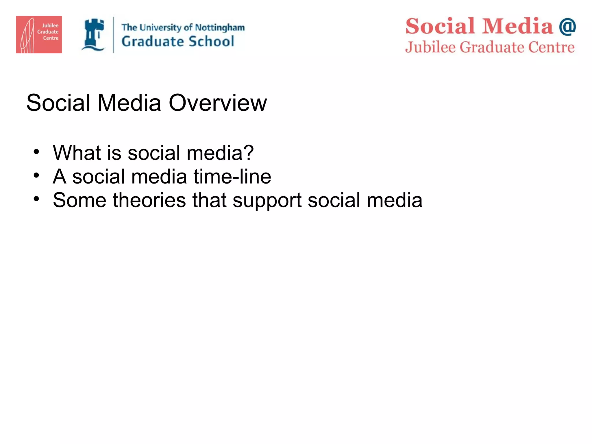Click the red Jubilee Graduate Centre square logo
click(39, 34)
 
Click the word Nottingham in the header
click(220, 28)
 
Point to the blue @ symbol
click(567, 26)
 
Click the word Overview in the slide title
click(218, 103)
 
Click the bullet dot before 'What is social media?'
click(36, 152)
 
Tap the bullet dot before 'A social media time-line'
click(36, 175)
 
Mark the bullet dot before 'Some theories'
click(36, 199)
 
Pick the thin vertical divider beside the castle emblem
click(113, 35)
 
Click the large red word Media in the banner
click(518, 26)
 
